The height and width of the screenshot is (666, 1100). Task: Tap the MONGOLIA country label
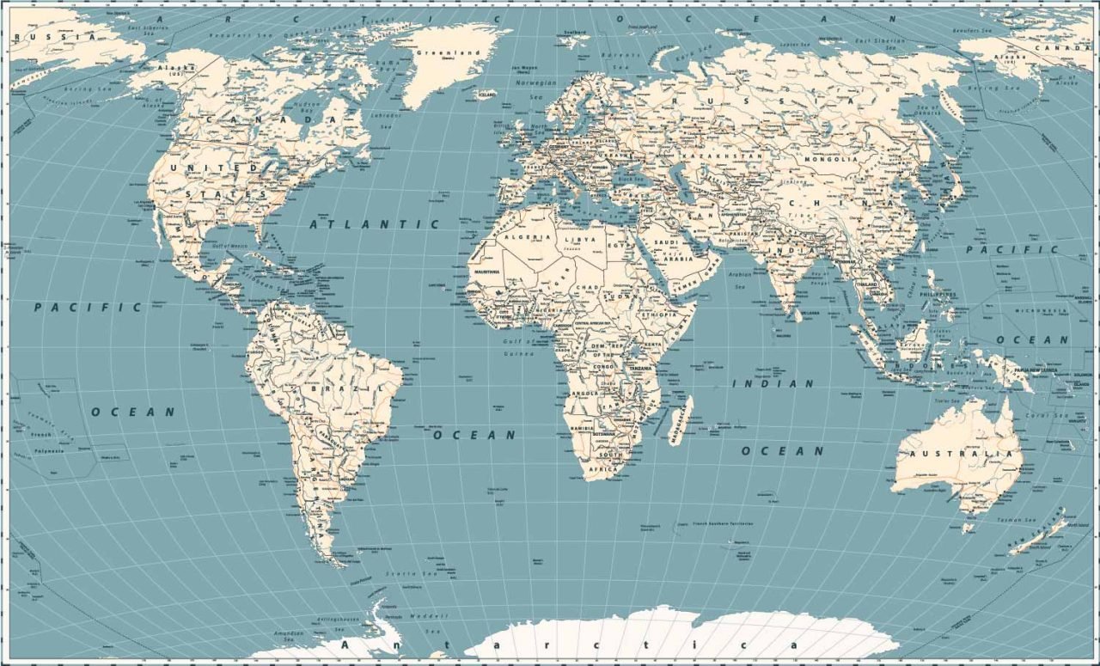[x=830, y=159]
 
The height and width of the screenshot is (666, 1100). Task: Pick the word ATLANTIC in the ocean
[x=374, y=223]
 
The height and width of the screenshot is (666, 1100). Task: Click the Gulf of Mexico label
[x=224, y=247]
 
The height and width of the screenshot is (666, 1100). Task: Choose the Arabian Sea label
[x=740, y=278]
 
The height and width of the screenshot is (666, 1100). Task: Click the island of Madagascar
[x=680, y=419]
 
